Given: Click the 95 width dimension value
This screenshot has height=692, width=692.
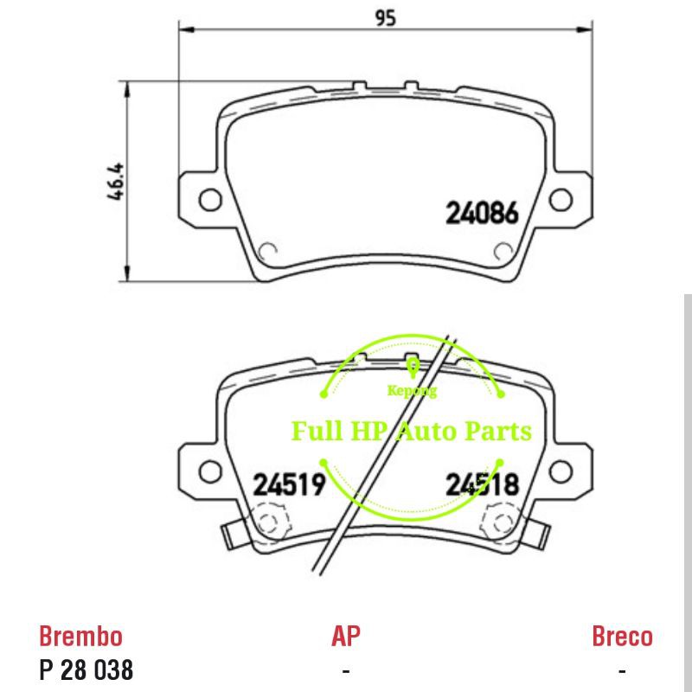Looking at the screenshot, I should tap(385, 16).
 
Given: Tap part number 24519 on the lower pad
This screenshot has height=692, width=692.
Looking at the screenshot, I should tap(289, 484).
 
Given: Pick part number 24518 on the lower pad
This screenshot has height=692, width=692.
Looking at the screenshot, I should tap(482, 484).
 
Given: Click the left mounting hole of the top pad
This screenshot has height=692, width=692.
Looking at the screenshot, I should tap(210, 200).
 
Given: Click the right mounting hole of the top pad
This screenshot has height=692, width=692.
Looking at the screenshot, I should tap(561, 200).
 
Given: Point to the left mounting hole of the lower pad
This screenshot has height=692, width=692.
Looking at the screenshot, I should tap(210, 471).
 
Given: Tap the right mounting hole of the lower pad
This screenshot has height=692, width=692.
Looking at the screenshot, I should tap(561, 471).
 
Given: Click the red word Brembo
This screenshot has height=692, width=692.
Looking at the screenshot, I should tap(81, 637).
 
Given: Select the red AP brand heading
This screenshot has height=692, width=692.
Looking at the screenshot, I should tap(346, 637).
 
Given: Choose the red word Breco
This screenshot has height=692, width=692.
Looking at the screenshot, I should tap(622, 637).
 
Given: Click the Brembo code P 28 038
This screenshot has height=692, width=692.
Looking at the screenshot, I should tap(86, 670).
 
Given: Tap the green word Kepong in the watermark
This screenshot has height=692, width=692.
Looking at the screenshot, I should tap(412, 390).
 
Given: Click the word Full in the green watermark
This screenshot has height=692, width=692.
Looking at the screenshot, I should tap(316, 430).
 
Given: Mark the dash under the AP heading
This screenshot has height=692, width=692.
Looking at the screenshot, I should tap(346, 670).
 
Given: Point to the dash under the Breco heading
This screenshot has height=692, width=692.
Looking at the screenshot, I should tap(622, 670).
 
